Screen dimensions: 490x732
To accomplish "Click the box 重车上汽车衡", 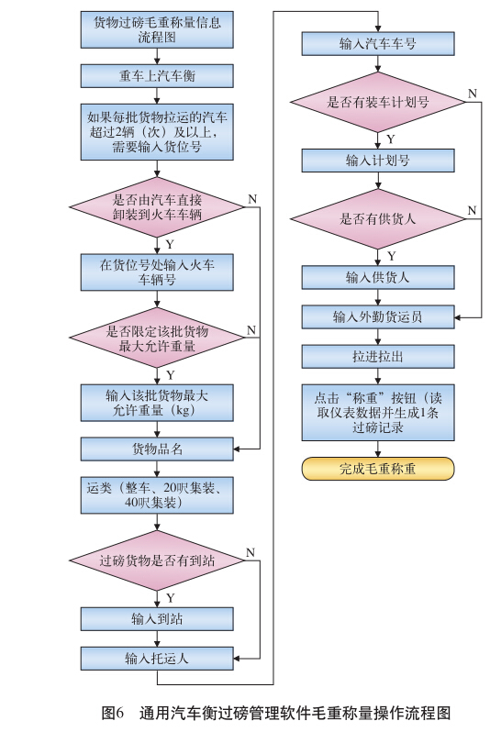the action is [x=157, y=75].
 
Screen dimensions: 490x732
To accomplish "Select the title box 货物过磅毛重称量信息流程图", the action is [x=157, y=29].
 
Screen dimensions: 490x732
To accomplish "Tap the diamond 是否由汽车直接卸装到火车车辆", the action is [x=157, y=207].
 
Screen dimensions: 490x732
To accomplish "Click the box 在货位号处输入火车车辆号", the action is [x=157, y=272].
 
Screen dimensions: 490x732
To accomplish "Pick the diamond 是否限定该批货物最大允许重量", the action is [x=157, y=338].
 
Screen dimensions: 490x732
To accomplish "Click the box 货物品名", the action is [x=157, y=449].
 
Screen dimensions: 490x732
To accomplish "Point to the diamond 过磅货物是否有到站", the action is [x=157, y=560].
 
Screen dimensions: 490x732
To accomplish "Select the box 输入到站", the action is [x=157, y=619].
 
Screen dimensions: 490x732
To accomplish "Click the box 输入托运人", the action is [x=157, y=659].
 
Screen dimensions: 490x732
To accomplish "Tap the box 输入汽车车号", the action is [x=378, y=44].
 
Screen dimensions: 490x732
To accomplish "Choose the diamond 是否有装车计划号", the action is [x=378, y=102].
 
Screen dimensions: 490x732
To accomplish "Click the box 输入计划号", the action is [x=378, y=161].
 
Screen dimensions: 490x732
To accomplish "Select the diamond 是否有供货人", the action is [x=378, y=219].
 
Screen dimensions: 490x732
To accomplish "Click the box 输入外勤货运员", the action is [x=378, y=317].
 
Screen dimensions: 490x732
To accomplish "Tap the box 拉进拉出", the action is [x=378, y=357].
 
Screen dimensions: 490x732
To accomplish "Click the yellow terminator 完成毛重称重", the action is [x=378, y=469].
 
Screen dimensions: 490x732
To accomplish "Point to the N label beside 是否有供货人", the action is [x=473, y=211].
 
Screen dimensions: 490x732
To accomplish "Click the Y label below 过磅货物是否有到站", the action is [x=171, y=598].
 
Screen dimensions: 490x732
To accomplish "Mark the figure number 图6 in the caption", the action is [x=113, y=713].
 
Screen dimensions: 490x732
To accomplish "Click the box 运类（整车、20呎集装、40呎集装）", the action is [x=157, y=495].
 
